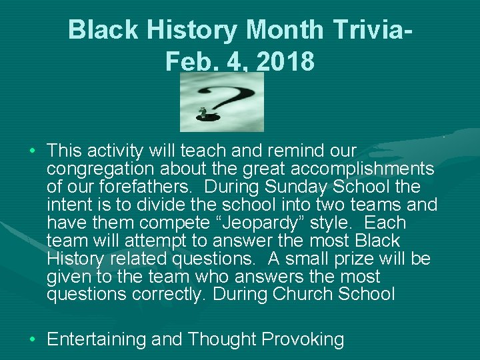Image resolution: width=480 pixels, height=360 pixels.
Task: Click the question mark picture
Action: click(222, 103)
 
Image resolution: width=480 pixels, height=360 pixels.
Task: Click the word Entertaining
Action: click(97, 339)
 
